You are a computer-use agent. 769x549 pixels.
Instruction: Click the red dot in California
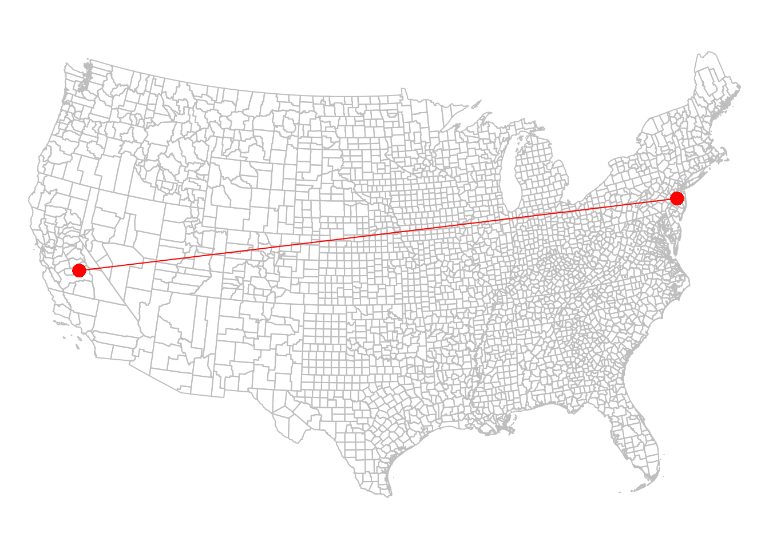79,270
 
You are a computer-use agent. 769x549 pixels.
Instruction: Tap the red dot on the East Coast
677,198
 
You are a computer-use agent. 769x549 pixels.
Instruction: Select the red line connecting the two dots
378,234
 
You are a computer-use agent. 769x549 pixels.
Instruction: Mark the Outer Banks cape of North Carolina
689,280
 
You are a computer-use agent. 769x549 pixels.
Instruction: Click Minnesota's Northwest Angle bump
404,91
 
